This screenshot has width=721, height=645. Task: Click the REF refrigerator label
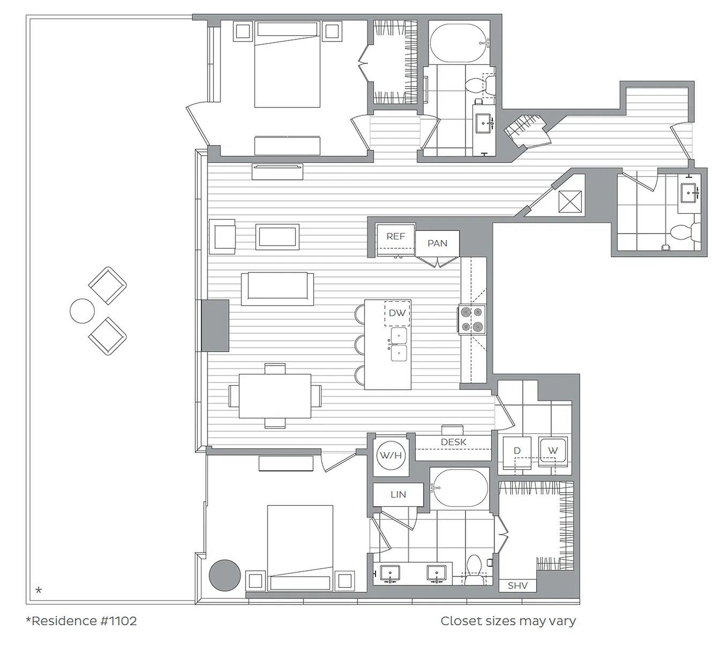pyautogui.click(x=395, y=236)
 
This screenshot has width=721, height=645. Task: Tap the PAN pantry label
pyautogui.click(x=437, y=243)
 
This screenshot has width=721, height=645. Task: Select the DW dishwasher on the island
pyautogui.click(x=397, y=313)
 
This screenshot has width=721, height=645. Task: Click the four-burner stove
pyautogui.click(x=472, y=320)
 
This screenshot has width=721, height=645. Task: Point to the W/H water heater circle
pyautogui.click(x=390, y=456)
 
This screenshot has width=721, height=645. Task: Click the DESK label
pyautogui.click(x=453, y=442)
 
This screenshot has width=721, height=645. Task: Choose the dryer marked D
pyautogui.click(x=517, y=451)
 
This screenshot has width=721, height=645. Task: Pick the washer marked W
pyautogui.click(x=553, y=451)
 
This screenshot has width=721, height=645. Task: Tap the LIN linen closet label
pyautogui.click(x=398, y=494)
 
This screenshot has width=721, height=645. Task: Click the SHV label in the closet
pyautogui.click(x=517, y=586)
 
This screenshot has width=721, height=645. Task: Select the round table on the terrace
pyautogui.click(x=82, y=311)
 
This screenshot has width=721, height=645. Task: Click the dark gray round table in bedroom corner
pyautogui.click(x=224, y=576)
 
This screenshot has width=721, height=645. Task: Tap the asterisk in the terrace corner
pyautogui.click(x=39, y=590)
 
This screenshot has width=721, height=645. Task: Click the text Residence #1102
pyautogui.click(x=81, y=621)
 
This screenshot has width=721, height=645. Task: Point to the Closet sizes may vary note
pyautogui.click(x=508, y=621)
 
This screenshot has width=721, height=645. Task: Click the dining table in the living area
pyautogui.click(x=275, y=396)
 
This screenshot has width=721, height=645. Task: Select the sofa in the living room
pyautogui.click(x=277, y=288)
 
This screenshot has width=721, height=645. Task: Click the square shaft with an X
pyautogui.click(x=568, y=202)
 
